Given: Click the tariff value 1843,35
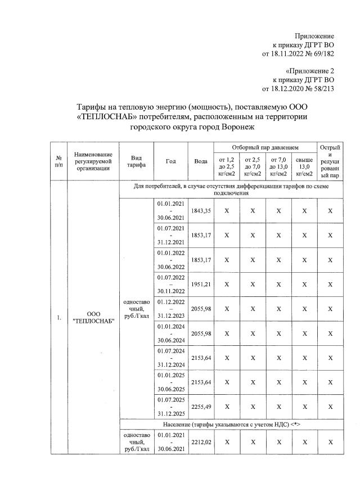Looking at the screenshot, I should [201, 210].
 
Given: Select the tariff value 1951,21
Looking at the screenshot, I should [201, 284].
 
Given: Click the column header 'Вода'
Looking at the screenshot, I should [201, 161].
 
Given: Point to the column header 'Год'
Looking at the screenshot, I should [171, 161].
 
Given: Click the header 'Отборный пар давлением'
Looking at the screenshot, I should [265, 147].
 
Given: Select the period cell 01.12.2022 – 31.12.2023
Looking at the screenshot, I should [171, 309].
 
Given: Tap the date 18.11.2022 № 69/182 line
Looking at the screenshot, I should [298, 54].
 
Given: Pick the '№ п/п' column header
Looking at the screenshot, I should [58, 161].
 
